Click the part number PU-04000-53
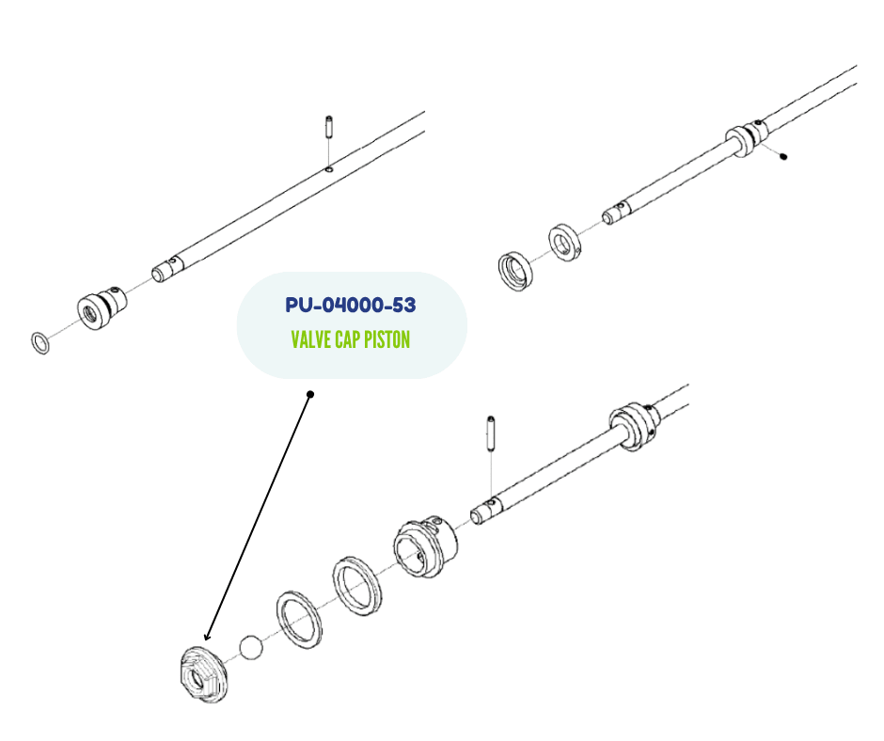(x=350, y=305)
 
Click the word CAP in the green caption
(x=347, y=340)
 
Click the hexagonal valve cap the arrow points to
(x=204, y=675)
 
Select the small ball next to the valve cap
(x=251, y=647)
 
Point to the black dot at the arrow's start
(x=310, y=394)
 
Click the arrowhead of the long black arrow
(x=207, y=636)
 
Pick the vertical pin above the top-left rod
(x=329, y=129)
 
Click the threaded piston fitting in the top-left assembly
(x=102, y=307)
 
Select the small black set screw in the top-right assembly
(x=782, y=157)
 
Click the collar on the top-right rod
(x=746, y=139)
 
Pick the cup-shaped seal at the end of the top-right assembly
(x=515, y=271)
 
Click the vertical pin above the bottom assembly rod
(x=491, y=434)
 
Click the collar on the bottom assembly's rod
(x=633, y=426)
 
